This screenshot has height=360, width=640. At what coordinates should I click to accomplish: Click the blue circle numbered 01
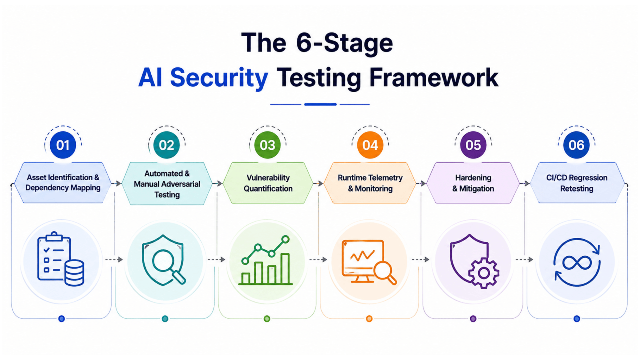point(63,145)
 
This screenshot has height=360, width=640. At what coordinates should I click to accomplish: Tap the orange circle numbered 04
point(370,145)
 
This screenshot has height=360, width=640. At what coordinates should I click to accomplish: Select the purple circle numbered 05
point(473,145)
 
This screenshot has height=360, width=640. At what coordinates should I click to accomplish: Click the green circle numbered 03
point(267,145)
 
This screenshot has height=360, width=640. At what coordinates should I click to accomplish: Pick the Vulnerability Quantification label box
point(268,183)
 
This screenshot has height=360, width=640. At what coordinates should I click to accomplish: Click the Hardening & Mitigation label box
point(473,183)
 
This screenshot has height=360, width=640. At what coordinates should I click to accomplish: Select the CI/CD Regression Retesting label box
point(577,183)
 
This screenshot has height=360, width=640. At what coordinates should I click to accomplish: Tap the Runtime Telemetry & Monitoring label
point(370,183)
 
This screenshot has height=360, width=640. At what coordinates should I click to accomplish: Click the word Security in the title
point(219,78)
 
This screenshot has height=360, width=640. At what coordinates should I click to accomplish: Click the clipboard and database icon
point(61,259)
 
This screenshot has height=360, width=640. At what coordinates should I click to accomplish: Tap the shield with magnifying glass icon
point(164,260)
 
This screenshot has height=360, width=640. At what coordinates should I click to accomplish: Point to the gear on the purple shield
point(484,273)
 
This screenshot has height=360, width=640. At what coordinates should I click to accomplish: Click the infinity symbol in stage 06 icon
point(577,262)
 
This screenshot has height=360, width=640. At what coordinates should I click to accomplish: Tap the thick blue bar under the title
point(320,104)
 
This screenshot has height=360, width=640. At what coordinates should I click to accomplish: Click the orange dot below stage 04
point(369,319)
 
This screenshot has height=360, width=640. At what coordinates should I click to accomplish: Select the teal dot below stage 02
point(165,319)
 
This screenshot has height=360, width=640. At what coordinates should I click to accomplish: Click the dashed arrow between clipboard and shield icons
point(114,259)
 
